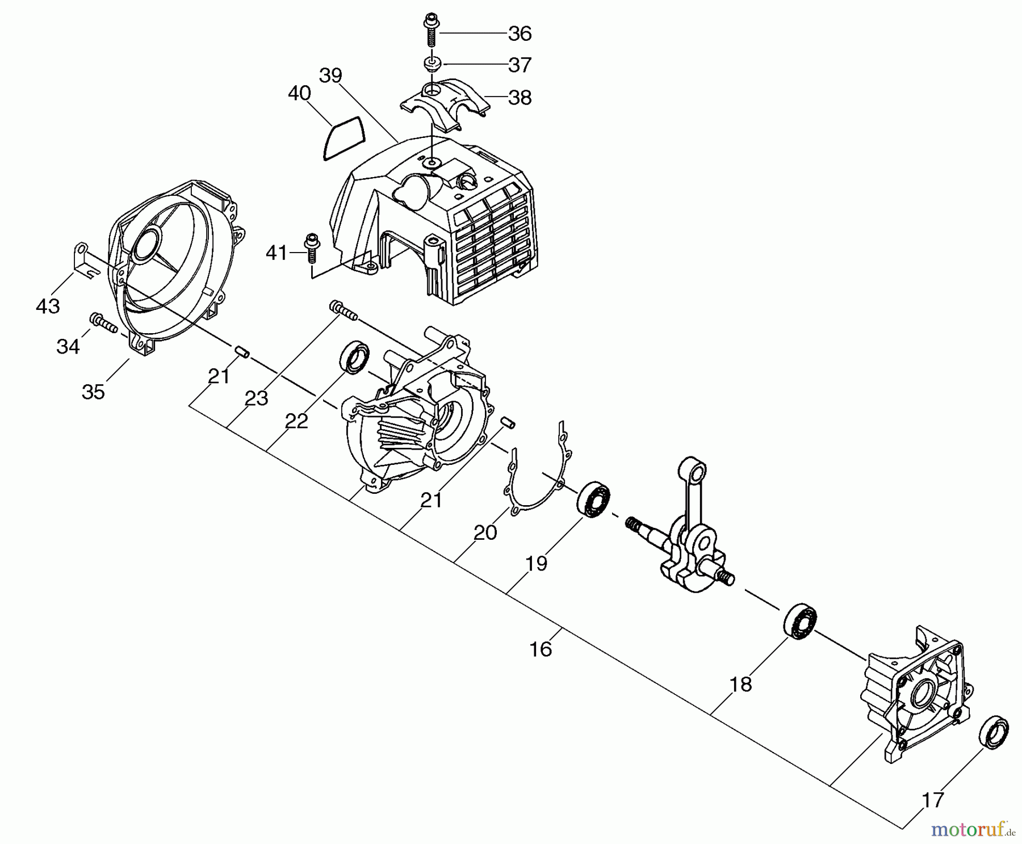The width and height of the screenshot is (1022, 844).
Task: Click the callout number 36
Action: (x=520, y=34)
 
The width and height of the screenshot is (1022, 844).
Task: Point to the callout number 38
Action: (x=520, y=98)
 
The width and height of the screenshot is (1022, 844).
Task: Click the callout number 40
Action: (x=299, y=93)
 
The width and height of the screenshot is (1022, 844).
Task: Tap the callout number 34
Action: (x=68, y=346)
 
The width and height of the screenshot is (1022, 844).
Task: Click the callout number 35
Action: (x=93, y=392)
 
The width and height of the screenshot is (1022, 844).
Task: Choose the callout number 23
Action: (x=256, y=398)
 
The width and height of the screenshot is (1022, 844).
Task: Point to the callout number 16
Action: (x=541, y=649)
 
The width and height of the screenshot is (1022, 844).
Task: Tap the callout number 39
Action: (x=330, y=75)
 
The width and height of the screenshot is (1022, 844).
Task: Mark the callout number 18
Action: (x=740, y=685)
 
